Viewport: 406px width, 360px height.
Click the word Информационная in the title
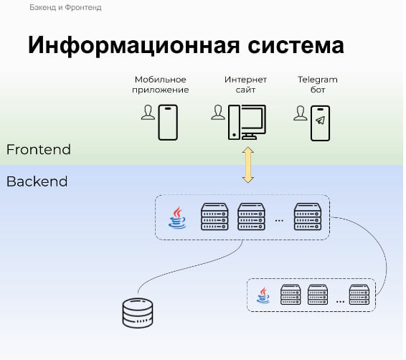[133, 46]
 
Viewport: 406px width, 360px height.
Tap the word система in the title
[296, 46]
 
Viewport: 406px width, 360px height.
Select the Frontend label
[39, 149]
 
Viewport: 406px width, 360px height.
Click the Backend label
[37, 181]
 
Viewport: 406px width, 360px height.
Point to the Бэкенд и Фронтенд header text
[65, 7]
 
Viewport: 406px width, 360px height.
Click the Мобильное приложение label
[161, 85]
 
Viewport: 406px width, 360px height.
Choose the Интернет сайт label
[245, 85]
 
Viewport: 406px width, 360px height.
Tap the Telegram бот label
[318, 85]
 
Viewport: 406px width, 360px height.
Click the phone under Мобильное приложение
[168, 123]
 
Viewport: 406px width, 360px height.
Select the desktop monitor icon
[253, 122]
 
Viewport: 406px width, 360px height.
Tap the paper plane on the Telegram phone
[321, 120]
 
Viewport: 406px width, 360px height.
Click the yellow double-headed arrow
[247, 165]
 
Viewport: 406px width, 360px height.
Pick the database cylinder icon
[138, 313]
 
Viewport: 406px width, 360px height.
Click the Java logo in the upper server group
[177, 218]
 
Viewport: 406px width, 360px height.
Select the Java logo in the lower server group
[263, 295]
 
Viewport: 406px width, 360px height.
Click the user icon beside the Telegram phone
[301, 113]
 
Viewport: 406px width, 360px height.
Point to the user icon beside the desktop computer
[218, 113]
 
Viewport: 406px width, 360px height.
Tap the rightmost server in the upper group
[308, 217]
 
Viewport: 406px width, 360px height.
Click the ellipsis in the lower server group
[340, 301]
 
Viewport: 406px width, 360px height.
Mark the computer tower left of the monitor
[234, 122]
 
